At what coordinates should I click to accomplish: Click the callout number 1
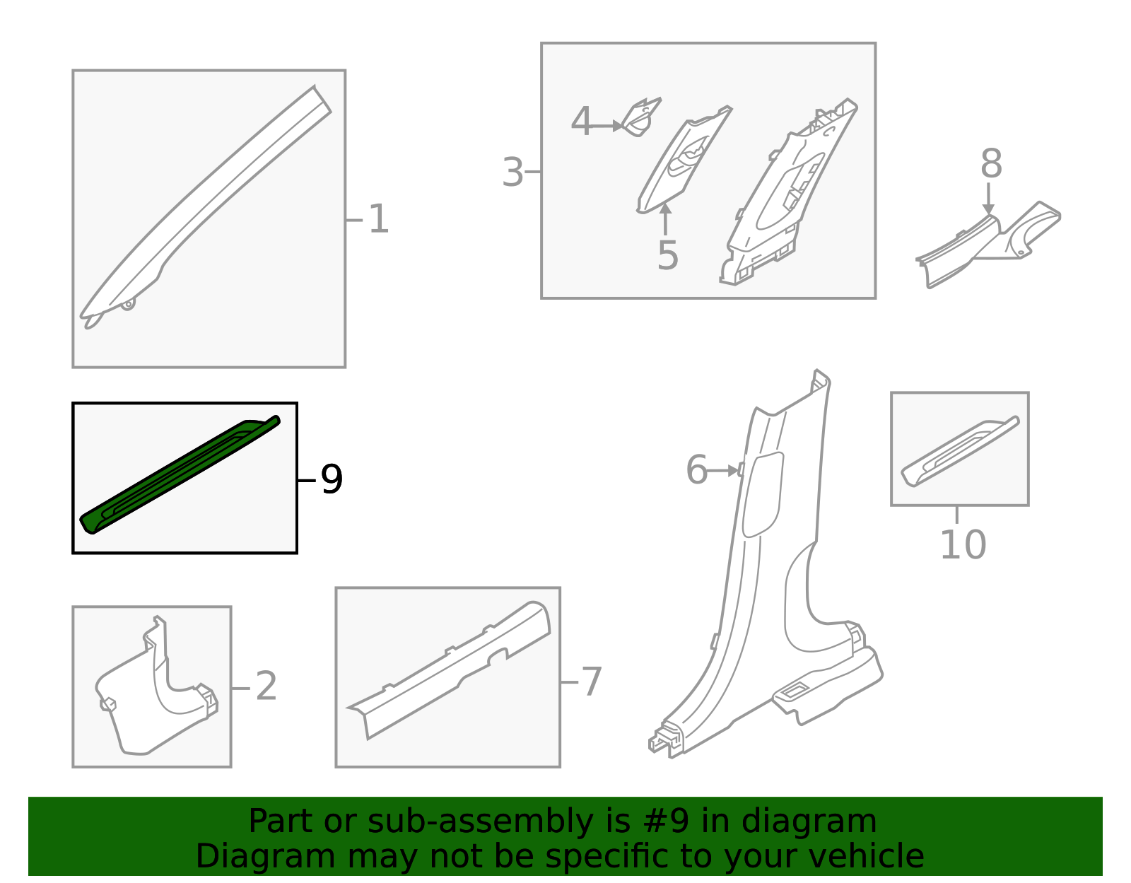(378, 219)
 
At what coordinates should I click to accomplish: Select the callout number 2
(266, 686)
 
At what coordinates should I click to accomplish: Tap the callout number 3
(512, 172)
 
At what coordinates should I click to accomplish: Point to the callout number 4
(581, 121)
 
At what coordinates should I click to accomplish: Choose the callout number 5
(668, 255)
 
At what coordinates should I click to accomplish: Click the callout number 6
(696, 469)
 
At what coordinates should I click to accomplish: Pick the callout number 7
(591, 682)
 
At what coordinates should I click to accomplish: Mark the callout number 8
(991, 163)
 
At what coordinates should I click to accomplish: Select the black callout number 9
(332, 479)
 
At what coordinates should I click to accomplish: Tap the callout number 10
(963, 544)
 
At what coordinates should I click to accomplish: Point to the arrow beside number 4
(606, 126)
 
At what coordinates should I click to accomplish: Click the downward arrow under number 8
(988, 198)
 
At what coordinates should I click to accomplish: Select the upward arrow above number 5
(665, 219)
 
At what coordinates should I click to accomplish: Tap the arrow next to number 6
(722, 470)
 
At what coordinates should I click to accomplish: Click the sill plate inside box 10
(960, 451)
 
